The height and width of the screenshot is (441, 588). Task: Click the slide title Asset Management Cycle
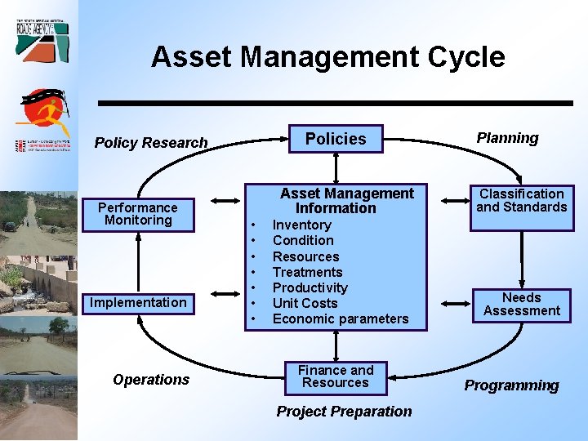coord(327,57)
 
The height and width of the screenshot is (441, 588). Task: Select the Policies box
coord(335,139)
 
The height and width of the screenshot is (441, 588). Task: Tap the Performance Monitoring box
coord(138,214)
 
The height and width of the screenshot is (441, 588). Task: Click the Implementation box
coord(138,303)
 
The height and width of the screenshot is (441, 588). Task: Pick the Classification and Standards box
coord(521,201)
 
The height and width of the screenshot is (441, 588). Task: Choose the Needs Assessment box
coord(521,305)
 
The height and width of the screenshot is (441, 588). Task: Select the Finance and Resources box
coord(335,376)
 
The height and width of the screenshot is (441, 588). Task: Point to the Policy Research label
coord(151,143)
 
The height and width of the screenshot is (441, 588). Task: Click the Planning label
coord(507,138)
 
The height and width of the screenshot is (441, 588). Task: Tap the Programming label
coord(511,385)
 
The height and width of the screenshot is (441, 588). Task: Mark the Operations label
coord(151,380)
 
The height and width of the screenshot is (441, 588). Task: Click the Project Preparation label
coord(344,412)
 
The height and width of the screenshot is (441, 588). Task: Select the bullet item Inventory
coord(301,225)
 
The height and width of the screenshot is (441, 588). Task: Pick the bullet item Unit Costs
coord(305,303)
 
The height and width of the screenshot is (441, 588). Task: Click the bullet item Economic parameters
coord(340,318)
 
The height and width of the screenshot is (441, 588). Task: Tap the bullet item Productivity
coord(310,287)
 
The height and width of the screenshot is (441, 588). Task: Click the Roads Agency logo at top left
coord(42,38)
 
